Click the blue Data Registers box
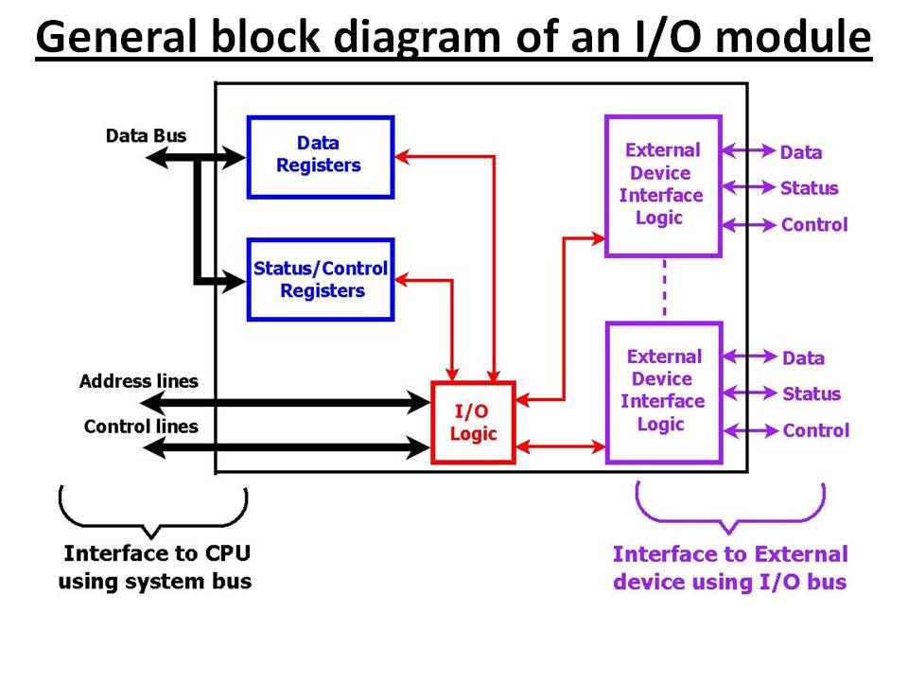[x=320, y=156]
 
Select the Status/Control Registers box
[x=320, y=279]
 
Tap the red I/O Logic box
[x=473, y=423]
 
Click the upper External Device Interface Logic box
[x=662, y=185]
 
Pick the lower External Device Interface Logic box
[x=663, y=392]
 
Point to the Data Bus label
[x=146, y=136]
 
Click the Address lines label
[x=139, y=382]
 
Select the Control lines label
[x=141, y=427]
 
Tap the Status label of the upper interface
[x=810, y=188]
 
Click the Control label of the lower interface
[x=815, y=430]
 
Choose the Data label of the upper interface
[x=801, y=152]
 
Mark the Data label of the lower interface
[x=803, y=358]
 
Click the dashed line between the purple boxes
[x=664, y=288]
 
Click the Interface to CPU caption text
[x=155, y=567]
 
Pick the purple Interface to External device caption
[x=730, y=567]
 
